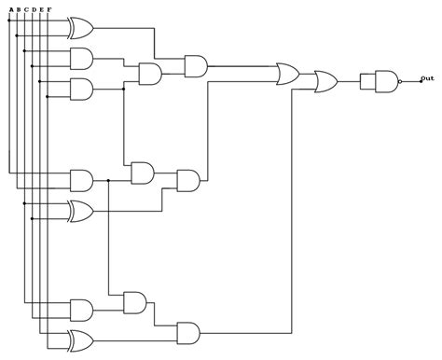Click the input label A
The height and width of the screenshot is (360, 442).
click(10, 9)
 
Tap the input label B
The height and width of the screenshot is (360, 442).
click(18, 9)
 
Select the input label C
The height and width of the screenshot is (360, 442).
click(24, 9)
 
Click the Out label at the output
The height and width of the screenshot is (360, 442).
click(426, 78)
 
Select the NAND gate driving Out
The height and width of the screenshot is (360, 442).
click(384, 81)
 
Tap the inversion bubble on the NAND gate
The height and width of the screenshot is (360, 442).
click(401, 81)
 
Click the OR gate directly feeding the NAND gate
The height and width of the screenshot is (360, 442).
click(327, 81)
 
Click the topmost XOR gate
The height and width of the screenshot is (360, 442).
click(81, 28)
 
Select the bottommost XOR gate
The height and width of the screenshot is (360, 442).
click(81, 338)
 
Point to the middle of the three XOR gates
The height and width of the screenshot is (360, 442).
click(81, 212)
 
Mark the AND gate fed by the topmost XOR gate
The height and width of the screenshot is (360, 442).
click(196, 65)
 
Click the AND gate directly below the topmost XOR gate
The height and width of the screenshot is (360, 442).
click(81, 59)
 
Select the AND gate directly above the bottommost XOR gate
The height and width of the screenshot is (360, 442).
click(81, 309)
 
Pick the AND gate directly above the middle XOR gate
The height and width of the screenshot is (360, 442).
click(81, 179)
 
